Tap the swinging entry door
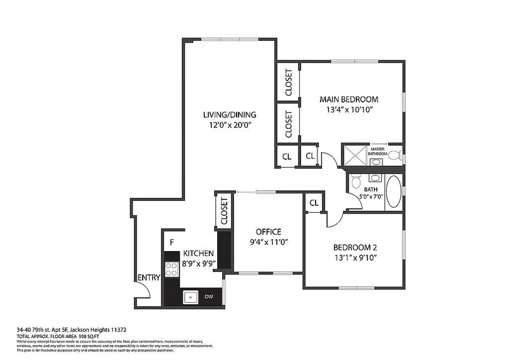(x=144, y=291)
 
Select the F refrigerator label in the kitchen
(x=171, y=242)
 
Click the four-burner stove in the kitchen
(x=171, y=270)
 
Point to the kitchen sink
(x=191, y=297)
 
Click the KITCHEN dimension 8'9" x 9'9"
(x=198, y=263)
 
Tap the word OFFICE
(x=269, y=232)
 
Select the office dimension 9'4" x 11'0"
(x=269, y=242)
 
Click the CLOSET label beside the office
(x=224, y=211)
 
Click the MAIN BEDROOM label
(x=349, y=99)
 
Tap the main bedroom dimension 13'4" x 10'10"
(x=349, y=110)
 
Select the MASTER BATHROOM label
(x=378, y=152)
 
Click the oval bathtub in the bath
(x=394, y=192)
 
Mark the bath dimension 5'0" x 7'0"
(x=371, y=197)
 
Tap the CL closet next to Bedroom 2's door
(x=314, y=203)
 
